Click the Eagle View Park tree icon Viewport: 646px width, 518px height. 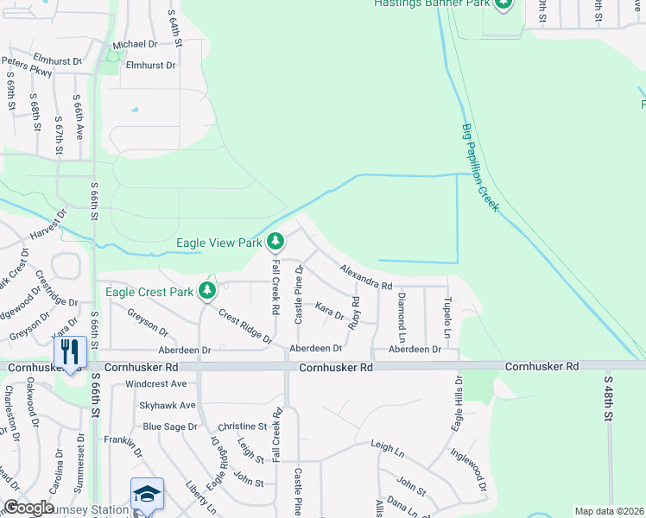pos(275,241)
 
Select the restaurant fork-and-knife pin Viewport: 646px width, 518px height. pos(70,352)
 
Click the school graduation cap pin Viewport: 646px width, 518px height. pos(147,495)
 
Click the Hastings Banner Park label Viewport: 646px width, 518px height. pos(432,3)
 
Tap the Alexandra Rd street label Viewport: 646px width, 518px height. pos(366,278)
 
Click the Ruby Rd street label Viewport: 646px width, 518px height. pos(354,313)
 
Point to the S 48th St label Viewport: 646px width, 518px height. pos(609,397)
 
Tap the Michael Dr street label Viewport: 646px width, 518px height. pos(136,44)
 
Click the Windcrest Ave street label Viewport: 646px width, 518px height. pos(155,383)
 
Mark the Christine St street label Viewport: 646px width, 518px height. pos(242,426)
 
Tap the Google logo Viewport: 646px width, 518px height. pos(28,508)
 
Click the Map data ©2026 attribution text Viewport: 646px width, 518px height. pos(608,511)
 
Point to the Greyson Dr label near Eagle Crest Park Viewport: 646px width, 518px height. pos(147,324)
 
